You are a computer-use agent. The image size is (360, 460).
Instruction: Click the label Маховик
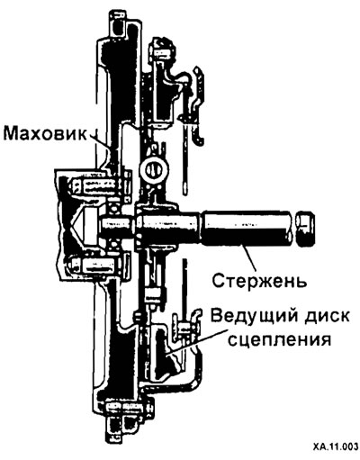point(45,134)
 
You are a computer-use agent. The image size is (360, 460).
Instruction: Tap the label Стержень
point(259,281)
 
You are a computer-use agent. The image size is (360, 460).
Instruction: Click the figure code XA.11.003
point(336,454)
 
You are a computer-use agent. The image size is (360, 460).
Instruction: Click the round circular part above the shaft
point(153,170)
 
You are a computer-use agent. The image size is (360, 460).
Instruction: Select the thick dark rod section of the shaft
point(247,227)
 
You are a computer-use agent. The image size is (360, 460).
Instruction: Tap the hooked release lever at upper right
point(199,105)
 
